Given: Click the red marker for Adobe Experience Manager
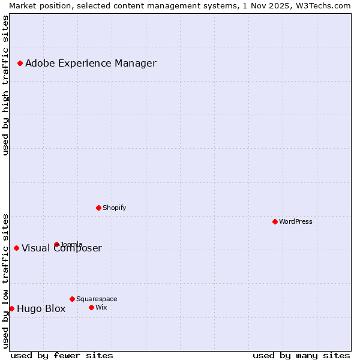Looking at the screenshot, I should pos(20,63).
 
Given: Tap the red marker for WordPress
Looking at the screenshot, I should pos(275,221).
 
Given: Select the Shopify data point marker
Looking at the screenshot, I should pos(98,208).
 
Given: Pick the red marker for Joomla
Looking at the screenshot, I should pos(56,244).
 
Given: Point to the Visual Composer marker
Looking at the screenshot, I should pos(16,248).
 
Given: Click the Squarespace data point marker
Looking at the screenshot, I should pos(72,299).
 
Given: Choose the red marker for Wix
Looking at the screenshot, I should pos(91,307).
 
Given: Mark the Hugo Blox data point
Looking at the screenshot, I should pos(11,308).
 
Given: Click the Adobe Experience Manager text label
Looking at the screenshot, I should pos(91,63).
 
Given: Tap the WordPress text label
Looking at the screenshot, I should pos(296,221).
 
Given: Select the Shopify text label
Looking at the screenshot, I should pos(115,208).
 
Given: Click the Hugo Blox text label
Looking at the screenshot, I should pos(41,309).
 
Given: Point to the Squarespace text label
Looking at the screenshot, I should pos(97,299).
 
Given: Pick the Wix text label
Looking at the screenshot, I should pos(101,307).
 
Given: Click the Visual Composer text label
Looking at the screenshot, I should pos(62,248).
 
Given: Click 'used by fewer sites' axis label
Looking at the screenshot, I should pos(62,355).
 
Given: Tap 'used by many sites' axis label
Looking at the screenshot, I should pos(301,355).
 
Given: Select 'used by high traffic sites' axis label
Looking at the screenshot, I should pos(5,85).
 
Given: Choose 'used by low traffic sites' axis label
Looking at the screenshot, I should pos(5,280).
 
